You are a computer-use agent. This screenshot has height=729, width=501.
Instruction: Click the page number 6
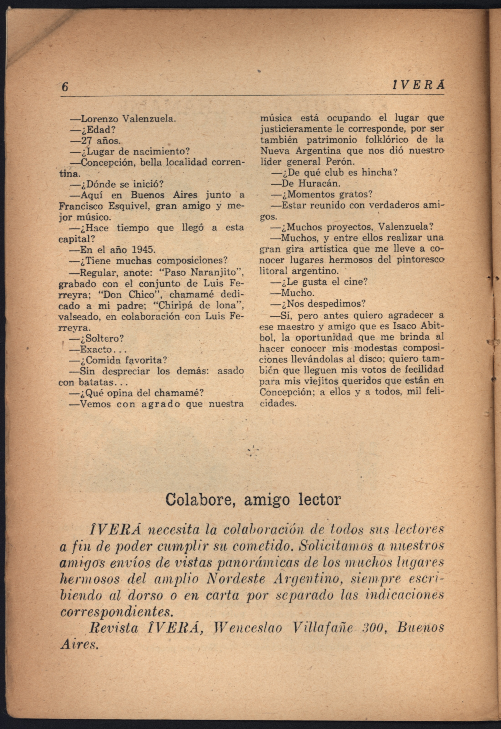[65, 86]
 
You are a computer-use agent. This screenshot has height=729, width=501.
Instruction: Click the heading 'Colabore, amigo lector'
[253, 500]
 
